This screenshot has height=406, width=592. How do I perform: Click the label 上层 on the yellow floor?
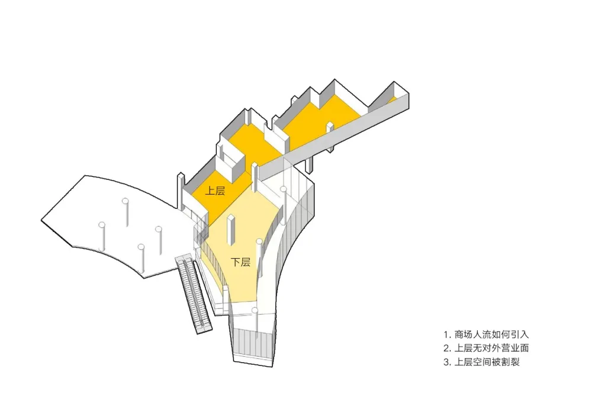coord(215,191)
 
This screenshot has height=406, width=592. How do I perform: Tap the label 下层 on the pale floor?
coord(240,262)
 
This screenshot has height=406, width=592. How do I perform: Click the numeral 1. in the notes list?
coord(447,334)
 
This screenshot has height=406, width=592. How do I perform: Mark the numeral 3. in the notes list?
coord(447,362)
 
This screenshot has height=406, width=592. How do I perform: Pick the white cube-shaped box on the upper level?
coord(233,161)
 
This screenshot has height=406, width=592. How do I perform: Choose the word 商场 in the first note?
coord(464,334)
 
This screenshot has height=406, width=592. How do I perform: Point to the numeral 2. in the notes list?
coord(447,348)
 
